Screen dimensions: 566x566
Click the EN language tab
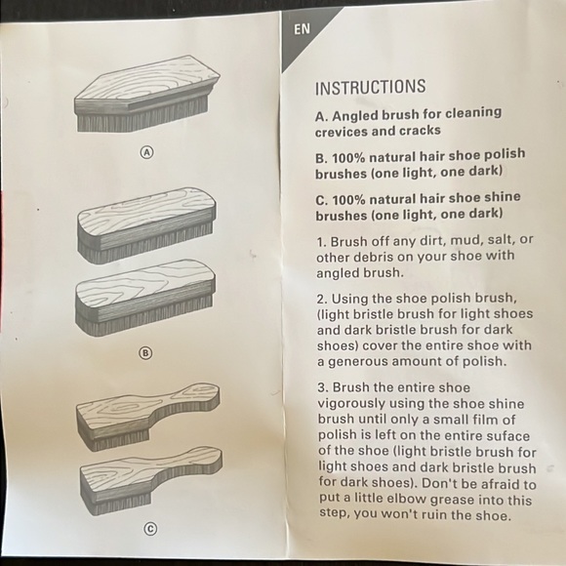[302, 29]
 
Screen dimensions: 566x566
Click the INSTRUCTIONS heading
[370, 88]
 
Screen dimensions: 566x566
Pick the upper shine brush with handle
[146, 415]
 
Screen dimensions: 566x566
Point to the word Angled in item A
[362, 113]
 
